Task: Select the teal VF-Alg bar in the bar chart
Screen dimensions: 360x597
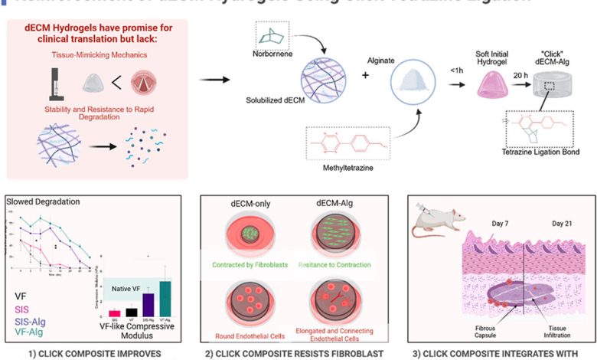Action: (x=164, y=299)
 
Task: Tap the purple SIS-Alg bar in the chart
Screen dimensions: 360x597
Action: (x=148, y=304)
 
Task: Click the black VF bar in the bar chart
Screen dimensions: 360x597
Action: (x=131, y=312)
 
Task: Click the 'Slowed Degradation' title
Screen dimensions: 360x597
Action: (x=40, y=202)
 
